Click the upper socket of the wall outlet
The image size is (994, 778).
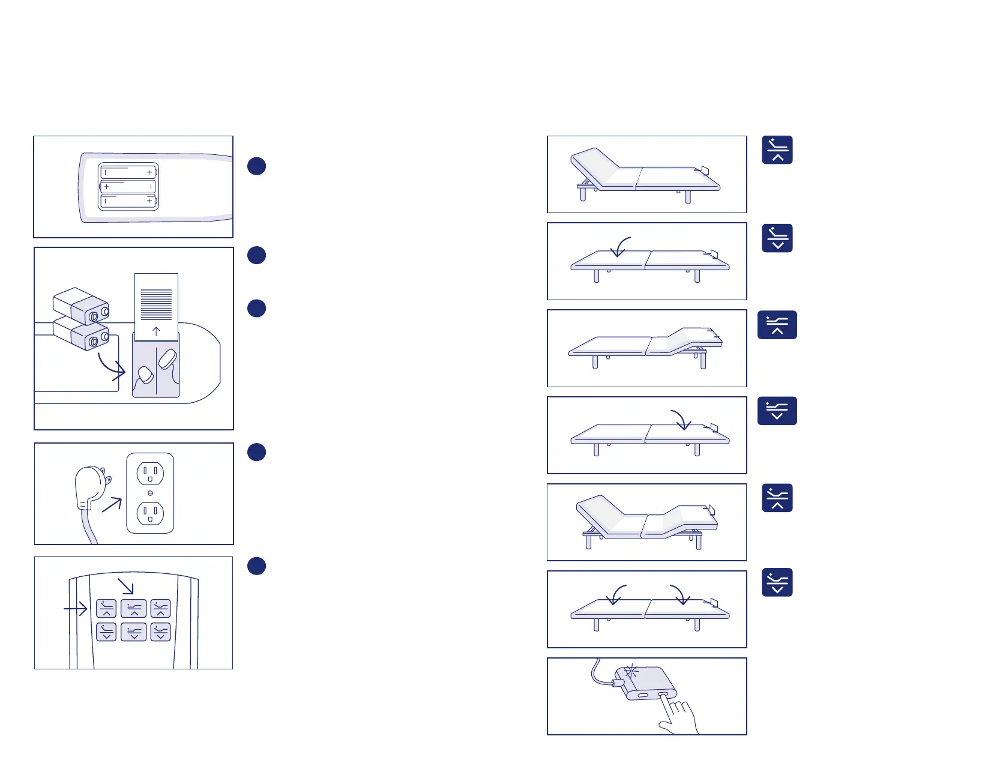(150, 474)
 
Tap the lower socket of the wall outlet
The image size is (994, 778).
(150, 513)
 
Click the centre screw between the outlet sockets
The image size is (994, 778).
(150, 493)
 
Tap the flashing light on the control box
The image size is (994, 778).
(630, 672)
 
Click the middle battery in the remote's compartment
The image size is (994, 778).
(128, 187)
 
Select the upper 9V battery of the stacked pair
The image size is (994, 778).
(82, 305)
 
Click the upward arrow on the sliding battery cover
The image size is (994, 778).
(156, 331)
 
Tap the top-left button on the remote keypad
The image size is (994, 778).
(106, 608)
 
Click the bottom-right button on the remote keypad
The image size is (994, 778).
(160, 632)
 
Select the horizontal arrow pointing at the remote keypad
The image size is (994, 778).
(76, 609)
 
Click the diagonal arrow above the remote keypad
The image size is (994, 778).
(125, 586)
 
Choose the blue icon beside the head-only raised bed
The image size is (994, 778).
(777, 150)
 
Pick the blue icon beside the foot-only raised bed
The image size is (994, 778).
(777, 325)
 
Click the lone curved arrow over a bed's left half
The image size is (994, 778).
(621, 246)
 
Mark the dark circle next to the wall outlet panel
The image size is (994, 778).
(256, 452)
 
